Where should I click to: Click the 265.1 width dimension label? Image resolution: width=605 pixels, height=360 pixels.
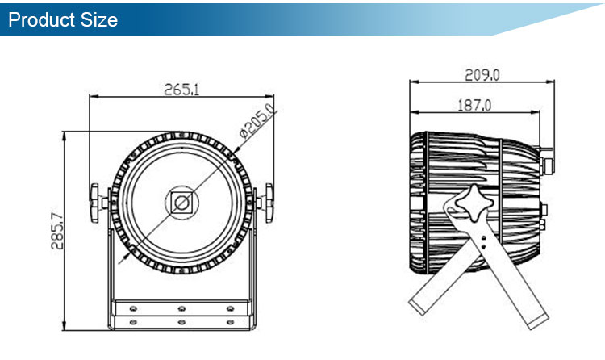[181, 90]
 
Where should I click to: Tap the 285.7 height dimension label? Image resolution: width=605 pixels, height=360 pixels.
[57, 231]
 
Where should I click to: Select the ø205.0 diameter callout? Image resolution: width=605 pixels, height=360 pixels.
[258, 120]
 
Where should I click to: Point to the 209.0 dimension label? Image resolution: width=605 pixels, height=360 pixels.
[482, 74]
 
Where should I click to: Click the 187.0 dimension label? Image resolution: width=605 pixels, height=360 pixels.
[474, 105]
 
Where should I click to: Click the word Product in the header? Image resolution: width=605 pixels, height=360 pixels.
[41, 19]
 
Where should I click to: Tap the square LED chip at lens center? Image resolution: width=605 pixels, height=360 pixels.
[181, 203]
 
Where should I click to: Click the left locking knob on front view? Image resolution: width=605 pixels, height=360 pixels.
[95, 203]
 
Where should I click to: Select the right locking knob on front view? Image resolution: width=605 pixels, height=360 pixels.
[269, 203]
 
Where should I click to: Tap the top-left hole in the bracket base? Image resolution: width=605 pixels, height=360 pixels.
[133, 308]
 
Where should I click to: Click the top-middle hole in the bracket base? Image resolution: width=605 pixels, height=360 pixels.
[181, 308]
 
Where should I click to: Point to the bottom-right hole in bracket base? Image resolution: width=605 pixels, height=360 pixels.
[230, 322]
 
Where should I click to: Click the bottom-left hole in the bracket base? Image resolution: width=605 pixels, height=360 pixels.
[133, 322]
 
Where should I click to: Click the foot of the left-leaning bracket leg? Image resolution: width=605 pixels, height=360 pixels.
[418, 306]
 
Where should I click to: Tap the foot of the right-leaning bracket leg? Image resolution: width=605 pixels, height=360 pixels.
[538, 322]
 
